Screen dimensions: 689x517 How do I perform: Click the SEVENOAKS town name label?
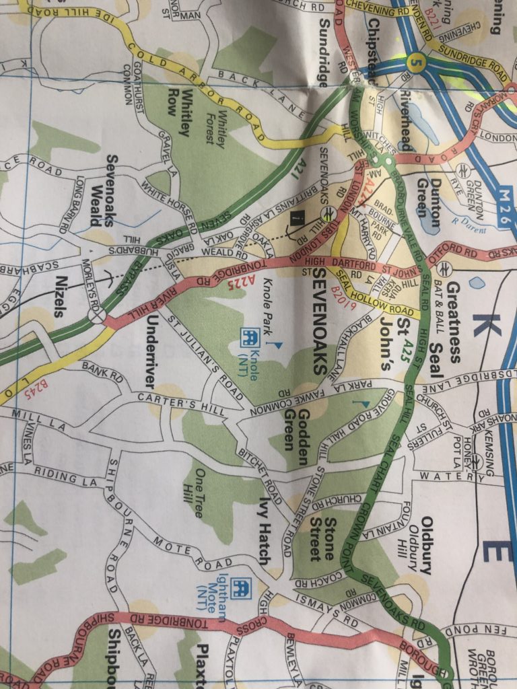[x=321, y=324]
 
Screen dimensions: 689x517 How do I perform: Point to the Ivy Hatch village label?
[x=265, y=531]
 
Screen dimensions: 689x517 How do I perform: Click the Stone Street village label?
[x=322, y=539]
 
